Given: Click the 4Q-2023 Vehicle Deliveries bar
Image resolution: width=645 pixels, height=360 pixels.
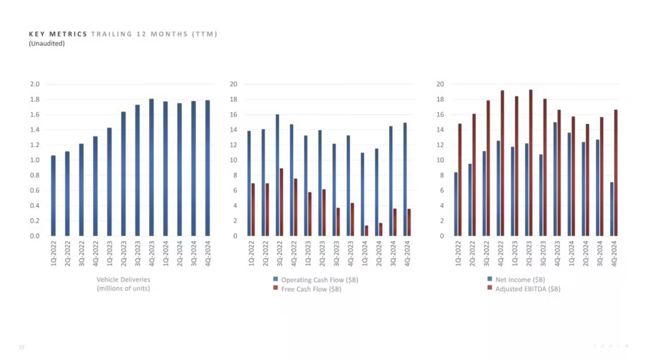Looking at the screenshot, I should point(152,167).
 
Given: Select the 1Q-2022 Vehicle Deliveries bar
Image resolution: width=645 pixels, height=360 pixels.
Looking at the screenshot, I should point(53,196).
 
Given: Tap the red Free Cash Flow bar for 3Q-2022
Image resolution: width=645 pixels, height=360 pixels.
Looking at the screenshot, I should point(281,202).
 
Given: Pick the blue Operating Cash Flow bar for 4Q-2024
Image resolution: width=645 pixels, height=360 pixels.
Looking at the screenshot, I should point(405,179).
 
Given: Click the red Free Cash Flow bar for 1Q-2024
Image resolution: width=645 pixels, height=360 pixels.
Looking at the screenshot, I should point(366,231).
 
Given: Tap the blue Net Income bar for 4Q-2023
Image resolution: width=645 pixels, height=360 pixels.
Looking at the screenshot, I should point(555,179).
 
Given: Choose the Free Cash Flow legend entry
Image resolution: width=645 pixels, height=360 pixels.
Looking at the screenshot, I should point(311,289).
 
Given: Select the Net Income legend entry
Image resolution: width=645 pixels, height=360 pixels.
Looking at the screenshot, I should point(520,279).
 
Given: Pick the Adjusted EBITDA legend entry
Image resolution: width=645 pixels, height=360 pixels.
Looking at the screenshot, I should point(527,289).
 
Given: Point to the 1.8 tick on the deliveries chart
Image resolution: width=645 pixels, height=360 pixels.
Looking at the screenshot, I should point(35,99).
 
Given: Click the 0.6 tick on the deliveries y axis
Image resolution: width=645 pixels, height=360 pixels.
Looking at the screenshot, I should point(35,190).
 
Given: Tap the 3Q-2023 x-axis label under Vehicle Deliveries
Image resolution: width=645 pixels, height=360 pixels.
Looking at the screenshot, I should point(137,253).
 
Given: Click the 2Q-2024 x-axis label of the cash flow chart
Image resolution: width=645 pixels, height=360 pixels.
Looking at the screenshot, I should point(379,253).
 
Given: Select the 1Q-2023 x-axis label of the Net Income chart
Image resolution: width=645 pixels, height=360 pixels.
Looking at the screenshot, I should point(515,253).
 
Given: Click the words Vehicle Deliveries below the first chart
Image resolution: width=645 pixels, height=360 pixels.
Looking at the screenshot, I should point(123,279).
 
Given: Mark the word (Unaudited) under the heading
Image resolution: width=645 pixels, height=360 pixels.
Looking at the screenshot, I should point(47,44).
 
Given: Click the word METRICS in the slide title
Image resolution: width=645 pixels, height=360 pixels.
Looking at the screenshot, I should point(68,34).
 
